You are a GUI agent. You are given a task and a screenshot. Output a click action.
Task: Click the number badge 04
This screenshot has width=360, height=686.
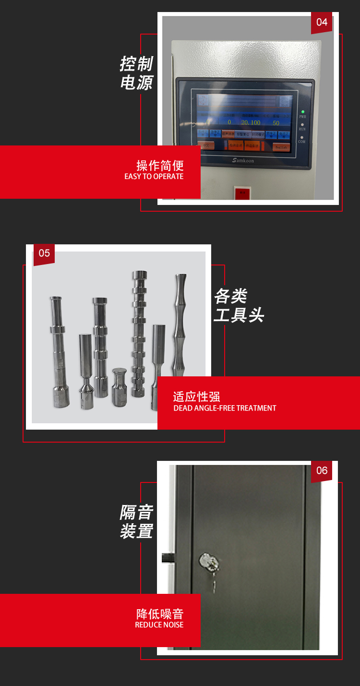point(322,22)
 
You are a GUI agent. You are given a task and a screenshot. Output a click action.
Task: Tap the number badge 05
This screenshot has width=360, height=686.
point(44,253)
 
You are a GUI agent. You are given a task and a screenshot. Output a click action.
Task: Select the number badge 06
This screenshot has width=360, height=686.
point(322,470)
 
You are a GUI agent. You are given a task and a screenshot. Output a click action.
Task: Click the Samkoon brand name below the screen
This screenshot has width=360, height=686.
point(243,160)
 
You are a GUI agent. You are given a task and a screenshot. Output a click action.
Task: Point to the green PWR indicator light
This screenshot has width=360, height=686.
point(302,112)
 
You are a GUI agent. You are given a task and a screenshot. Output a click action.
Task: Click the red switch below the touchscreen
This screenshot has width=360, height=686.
point(242,193)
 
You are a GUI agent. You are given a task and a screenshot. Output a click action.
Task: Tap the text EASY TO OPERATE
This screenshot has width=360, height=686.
point(154,177)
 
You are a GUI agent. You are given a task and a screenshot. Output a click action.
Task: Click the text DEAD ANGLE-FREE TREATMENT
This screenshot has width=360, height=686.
point(225,408)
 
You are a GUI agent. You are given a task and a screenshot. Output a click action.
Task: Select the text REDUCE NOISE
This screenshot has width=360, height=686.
point(159,625)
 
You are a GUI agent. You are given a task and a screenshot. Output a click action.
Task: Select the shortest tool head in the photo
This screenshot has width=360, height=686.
point(119,387)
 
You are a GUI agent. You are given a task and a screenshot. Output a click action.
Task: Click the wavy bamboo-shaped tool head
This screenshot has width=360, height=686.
point(180,326)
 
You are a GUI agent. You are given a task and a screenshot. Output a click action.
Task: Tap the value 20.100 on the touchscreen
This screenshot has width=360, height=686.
point(251,123)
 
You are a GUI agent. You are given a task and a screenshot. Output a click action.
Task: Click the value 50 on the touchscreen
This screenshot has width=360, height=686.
point(276,123)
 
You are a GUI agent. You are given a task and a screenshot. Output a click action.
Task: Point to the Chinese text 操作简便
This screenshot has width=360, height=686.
point(160,166)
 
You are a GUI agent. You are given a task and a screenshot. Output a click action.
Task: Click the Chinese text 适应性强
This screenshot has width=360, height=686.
point(196,397)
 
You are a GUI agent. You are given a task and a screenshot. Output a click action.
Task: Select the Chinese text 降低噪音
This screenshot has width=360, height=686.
point(160,614)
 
